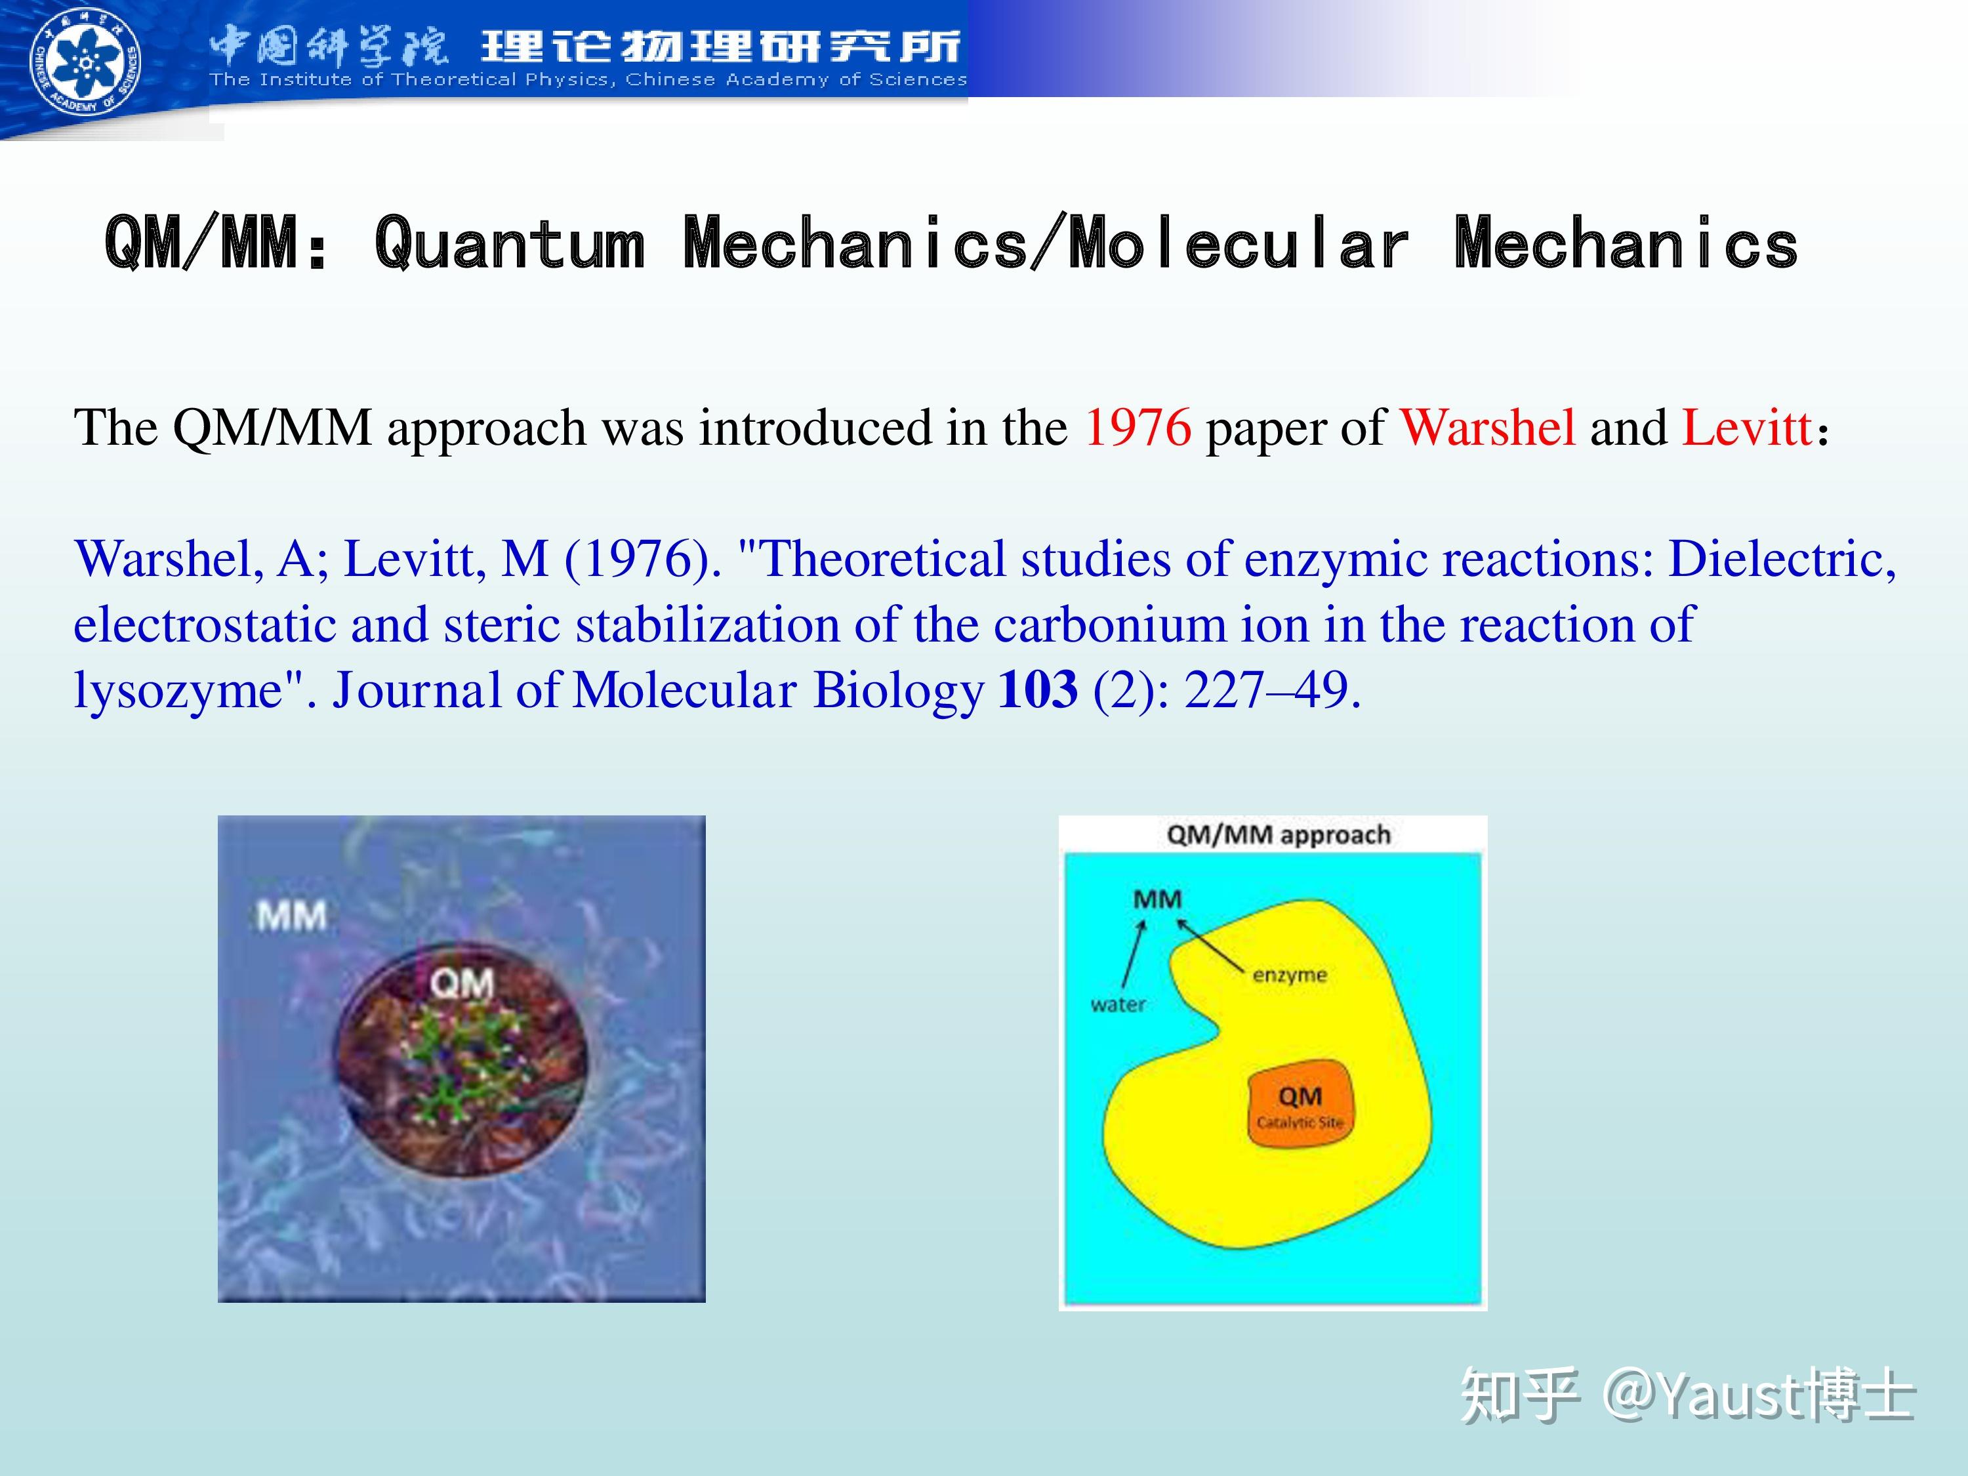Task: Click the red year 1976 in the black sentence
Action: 1138,428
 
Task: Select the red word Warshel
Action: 1488,428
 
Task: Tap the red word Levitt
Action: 1746,428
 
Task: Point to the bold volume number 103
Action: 1038,689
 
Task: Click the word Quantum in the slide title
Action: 510,243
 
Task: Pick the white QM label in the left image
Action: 462,984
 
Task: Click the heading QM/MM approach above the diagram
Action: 1279,834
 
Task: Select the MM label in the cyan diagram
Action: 1157,899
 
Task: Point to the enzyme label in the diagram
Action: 1289,975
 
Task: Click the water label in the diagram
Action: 1118,1004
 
